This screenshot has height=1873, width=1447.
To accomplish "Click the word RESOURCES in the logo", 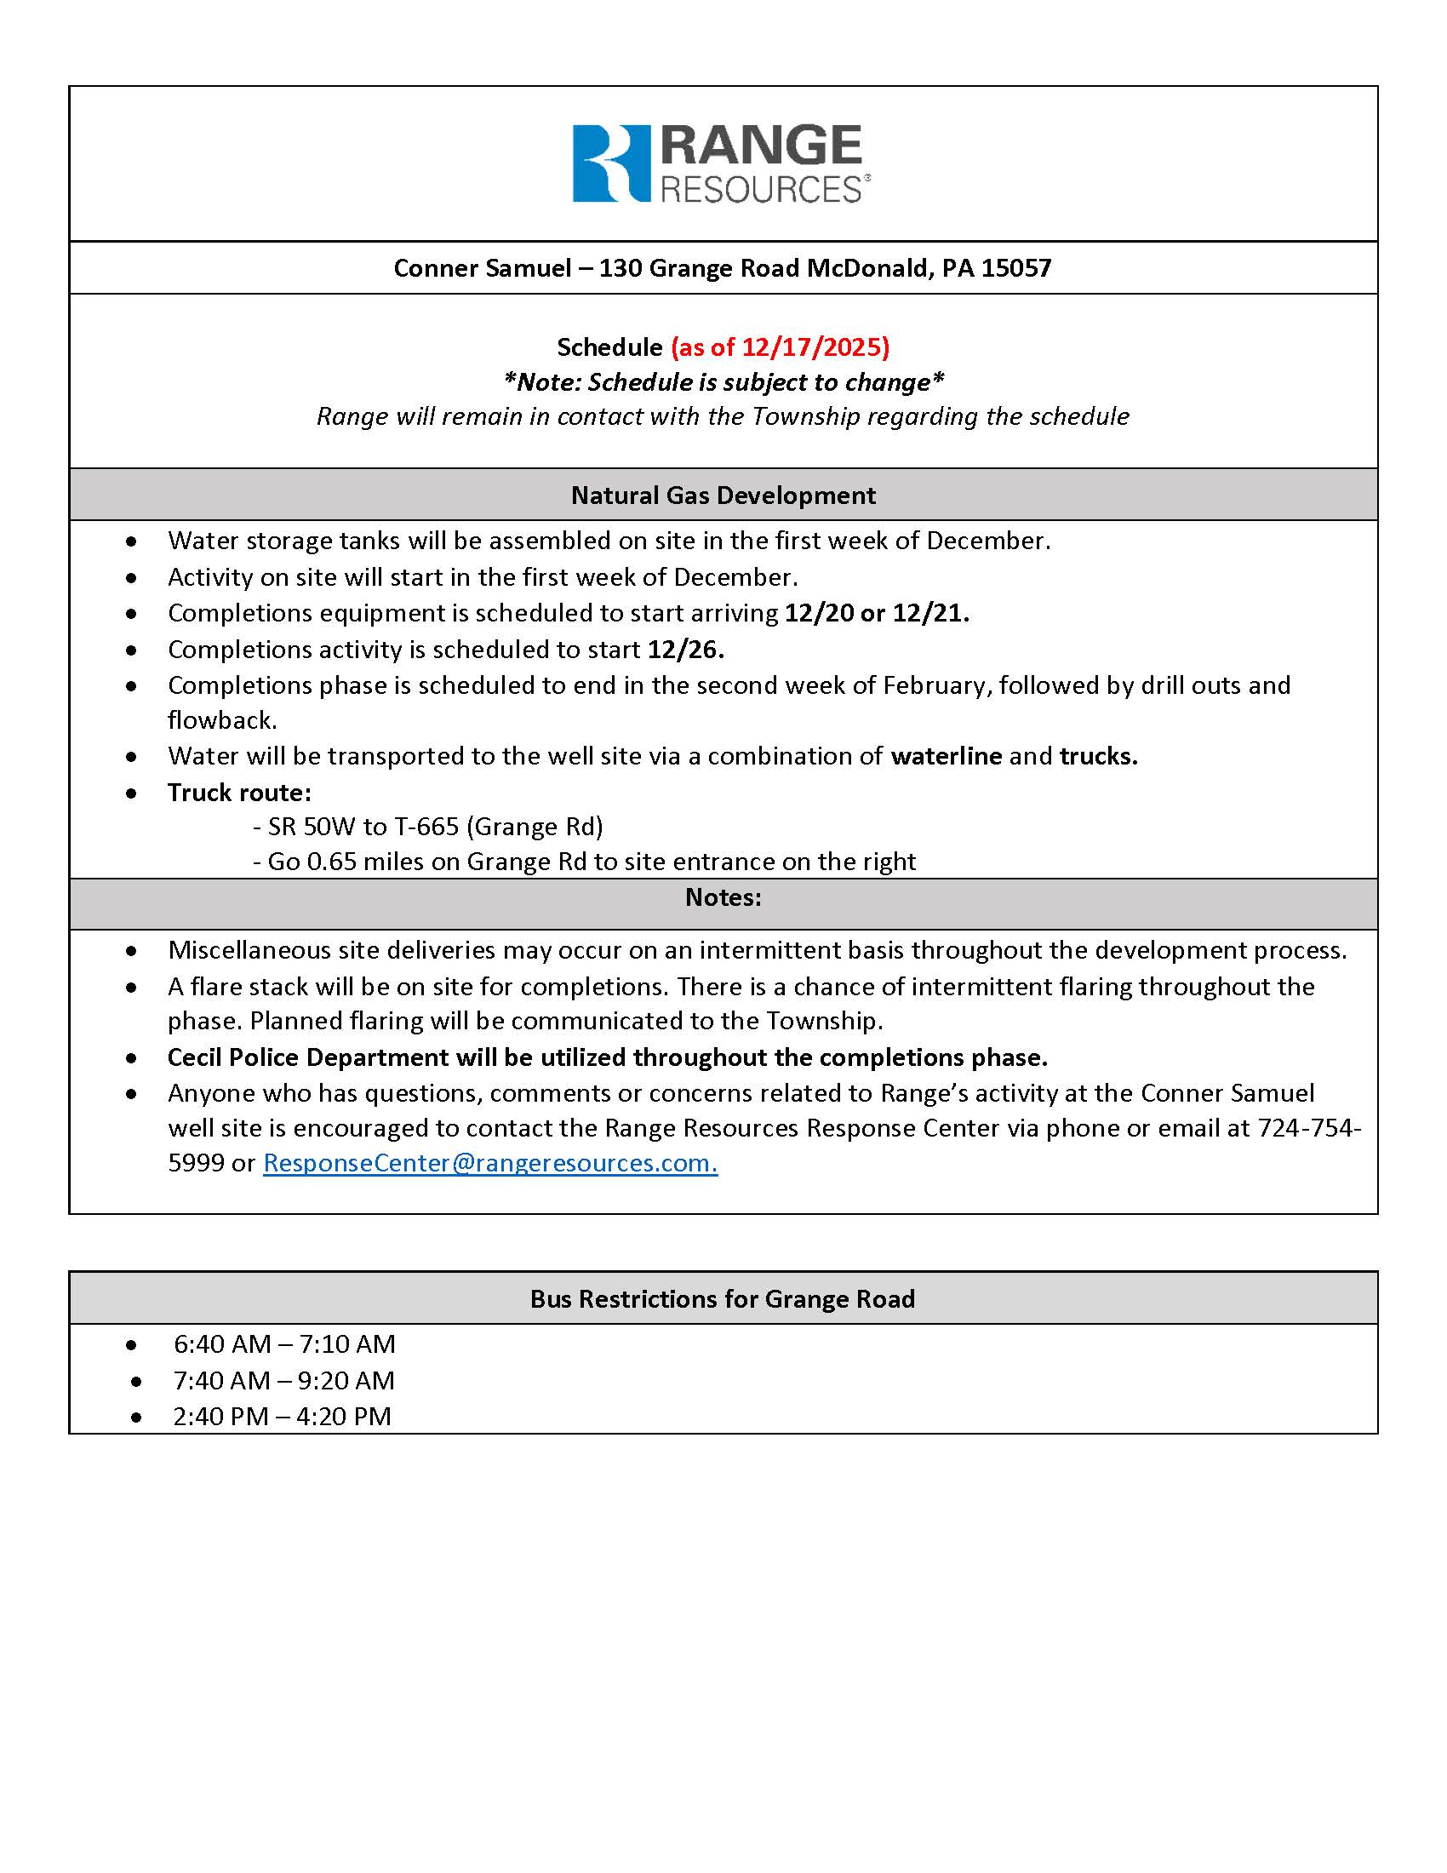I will [760, 189].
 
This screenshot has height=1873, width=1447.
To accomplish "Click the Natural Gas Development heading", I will [723, 495].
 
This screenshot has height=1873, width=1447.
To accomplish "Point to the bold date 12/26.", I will [685, 650].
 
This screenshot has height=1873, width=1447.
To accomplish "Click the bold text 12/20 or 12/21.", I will [877, 612].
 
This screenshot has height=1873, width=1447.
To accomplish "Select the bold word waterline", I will [946, 755].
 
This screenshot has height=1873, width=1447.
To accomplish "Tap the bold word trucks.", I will [1098, 755].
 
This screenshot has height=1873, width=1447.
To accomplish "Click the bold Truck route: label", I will [239, 792].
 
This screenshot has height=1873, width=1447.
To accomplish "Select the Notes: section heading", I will [723, 897].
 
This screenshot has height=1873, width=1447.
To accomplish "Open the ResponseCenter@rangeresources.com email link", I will [489, 1162].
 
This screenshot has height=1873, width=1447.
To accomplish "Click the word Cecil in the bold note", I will [197, 1057].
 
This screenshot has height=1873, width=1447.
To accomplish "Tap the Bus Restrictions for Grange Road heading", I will [723, 1298].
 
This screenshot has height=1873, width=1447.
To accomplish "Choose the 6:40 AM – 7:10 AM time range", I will [284, 1343].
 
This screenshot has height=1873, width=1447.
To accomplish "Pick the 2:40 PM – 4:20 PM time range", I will [282, 1415].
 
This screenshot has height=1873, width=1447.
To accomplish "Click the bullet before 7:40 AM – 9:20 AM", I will [136, 1381].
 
